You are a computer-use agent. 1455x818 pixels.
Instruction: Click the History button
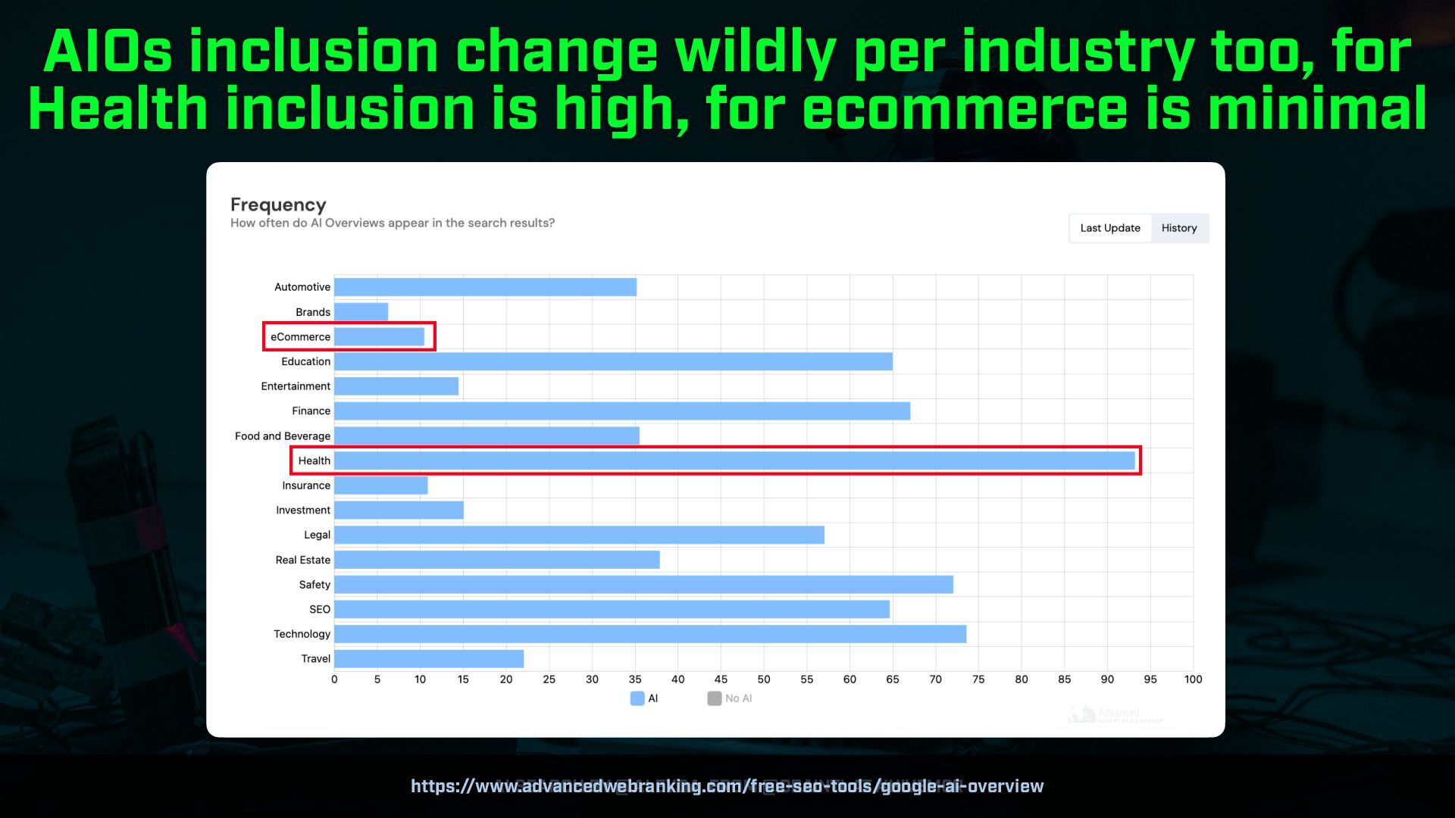(1178, 228)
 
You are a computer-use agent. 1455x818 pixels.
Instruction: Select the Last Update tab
(1109, 228)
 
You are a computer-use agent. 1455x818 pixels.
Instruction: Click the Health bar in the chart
(734, 461)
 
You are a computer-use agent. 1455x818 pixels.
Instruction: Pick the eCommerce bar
(379, 337)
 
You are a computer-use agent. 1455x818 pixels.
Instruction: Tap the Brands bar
(361, 312)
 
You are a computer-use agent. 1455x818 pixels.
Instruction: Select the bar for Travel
(428, 659)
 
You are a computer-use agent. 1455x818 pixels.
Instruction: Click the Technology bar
(649, 634)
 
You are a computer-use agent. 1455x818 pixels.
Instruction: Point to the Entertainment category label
(296, 386)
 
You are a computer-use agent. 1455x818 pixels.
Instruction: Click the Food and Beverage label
(282, 436)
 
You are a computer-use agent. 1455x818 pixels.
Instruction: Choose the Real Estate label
(302, 560)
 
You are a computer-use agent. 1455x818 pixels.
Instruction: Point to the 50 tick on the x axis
(763, 679)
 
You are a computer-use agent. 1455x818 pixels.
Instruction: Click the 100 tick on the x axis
(1193, 679)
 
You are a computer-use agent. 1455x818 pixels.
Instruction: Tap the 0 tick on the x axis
(334, 679)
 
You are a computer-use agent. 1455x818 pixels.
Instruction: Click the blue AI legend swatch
(637, 698)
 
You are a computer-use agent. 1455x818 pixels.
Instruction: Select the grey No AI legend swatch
(714, 698)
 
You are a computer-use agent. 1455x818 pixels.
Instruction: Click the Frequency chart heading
(278, 204)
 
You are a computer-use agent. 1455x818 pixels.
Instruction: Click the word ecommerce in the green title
(964, 108)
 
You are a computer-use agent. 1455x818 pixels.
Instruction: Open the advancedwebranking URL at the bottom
(727, 786)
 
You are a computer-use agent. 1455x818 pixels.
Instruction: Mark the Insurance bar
(380, 485)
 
